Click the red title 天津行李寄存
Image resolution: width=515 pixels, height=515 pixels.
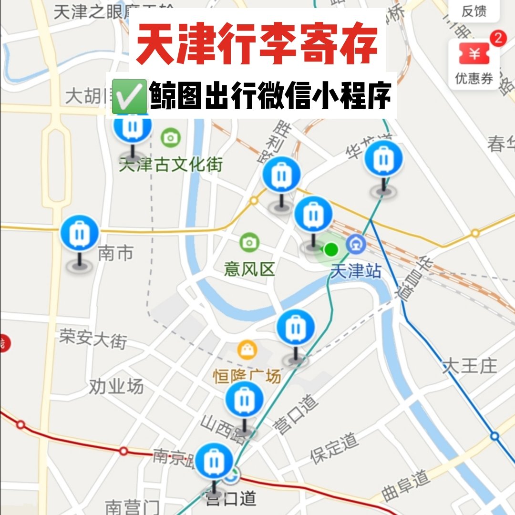(257, 44)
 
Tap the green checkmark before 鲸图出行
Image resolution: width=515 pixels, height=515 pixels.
(128, 95)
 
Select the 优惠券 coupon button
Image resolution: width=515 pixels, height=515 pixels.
(474, 62)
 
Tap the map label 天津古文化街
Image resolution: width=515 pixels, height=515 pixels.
(171, 165)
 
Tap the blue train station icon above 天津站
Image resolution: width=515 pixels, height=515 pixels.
(356, 245)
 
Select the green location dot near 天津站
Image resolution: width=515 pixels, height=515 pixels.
(330, 249)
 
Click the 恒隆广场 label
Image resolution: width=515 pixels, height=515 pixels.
(247, 377)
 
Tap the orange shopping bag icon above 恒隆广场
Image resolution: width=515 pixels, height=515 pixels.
(247, 351)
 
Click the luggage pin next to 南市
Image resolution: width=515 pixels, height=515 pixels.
(80, 234)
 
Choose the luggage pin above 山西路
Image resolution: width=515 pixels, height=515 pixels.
(244, 400)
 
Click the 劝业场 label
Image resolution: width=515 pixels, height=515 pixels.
(116, 387)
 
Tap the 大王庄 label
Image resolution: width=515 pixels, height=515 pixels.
(469, 366)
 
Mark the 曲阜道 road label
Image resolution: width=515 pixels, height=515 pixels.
(406, 485)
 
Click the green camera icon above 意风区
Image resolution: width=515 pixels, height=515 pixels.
(249, 243)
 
